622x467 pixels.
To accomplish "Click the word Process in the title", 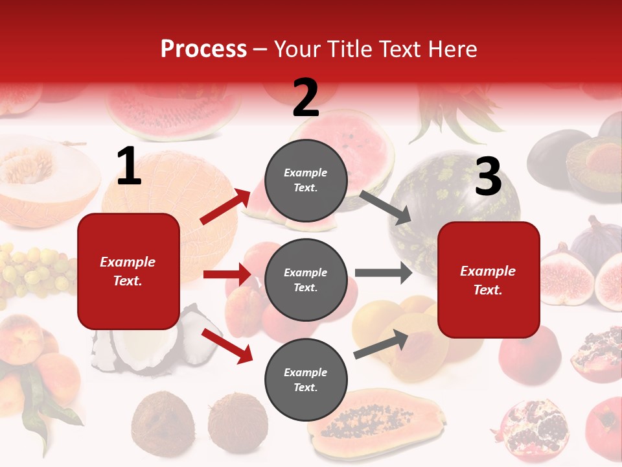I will pos(203,49).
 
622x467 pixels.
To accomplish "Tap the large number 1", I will pos(129,167).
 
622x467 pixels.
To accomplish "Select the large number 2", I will pos(306,98).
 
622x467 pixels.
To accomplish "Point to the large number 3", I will pos(488,177).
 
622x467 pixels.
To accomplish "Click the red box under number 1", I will pos(128,271).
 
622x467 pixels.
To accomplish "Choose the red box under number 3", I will pos(489,280).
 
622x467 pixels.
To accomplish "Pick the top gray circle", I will pos(306,180).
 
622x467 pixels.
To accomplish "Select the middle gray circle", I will pos(306,280).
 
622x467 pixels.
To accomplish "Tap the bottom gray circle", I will pos(306,379).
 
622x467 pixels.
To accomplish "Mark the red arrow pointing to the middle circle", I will pos(227,274).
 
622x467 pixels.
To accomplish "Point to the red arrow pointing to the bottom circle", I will pos(227,345).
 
